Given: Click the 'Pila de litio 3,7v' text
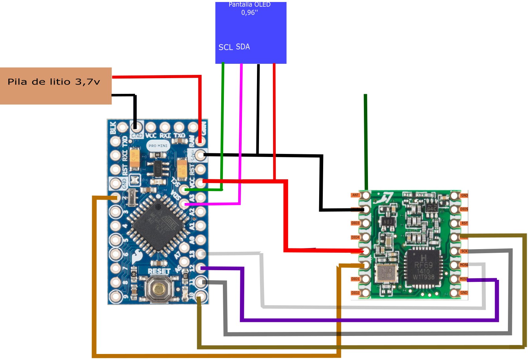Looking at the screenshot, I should pyautogui.click(x=54, y=82).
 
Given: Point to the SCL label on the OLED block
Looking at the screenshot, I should pyautogui.click(x=226, y=47).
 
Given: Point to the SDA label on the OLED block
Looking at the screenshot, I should pyautogui.click(x=243, y=47).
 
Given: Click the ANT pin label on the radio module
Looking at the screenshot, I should pyautogui.click(x=355, y=195).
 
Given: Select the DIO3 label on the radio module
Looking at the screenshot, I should pyautogui.click(x=355, y=223).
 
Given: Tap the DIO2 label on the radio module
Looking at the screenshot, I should pyautogui.click(x=355, y=293).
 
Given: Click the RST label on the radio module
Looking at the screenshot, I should pyautogui.click(x=464, y=223).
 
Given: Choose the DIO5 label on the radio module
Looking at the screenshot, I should pyautogui.click(x=464, y=209).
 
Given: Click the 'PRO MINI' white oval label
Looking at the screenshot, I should pyautogui.click(x=158, y=146).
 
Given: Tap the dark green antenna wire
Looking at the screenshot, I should pyautogui.click(x=366, y=140).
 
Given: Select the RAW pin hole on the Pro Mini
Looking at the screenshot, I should pyautogui.click(x=200, y=141).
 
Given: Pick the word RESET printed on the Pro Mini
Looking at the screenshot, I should pyautogui.click(x=159, y=271).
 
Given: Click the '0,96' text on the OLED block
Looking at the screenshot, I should pyautogui.click(x=249, y=13).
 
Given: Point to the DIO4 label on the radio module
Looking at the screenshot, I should pyautogui.click(x=355, y=237).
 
